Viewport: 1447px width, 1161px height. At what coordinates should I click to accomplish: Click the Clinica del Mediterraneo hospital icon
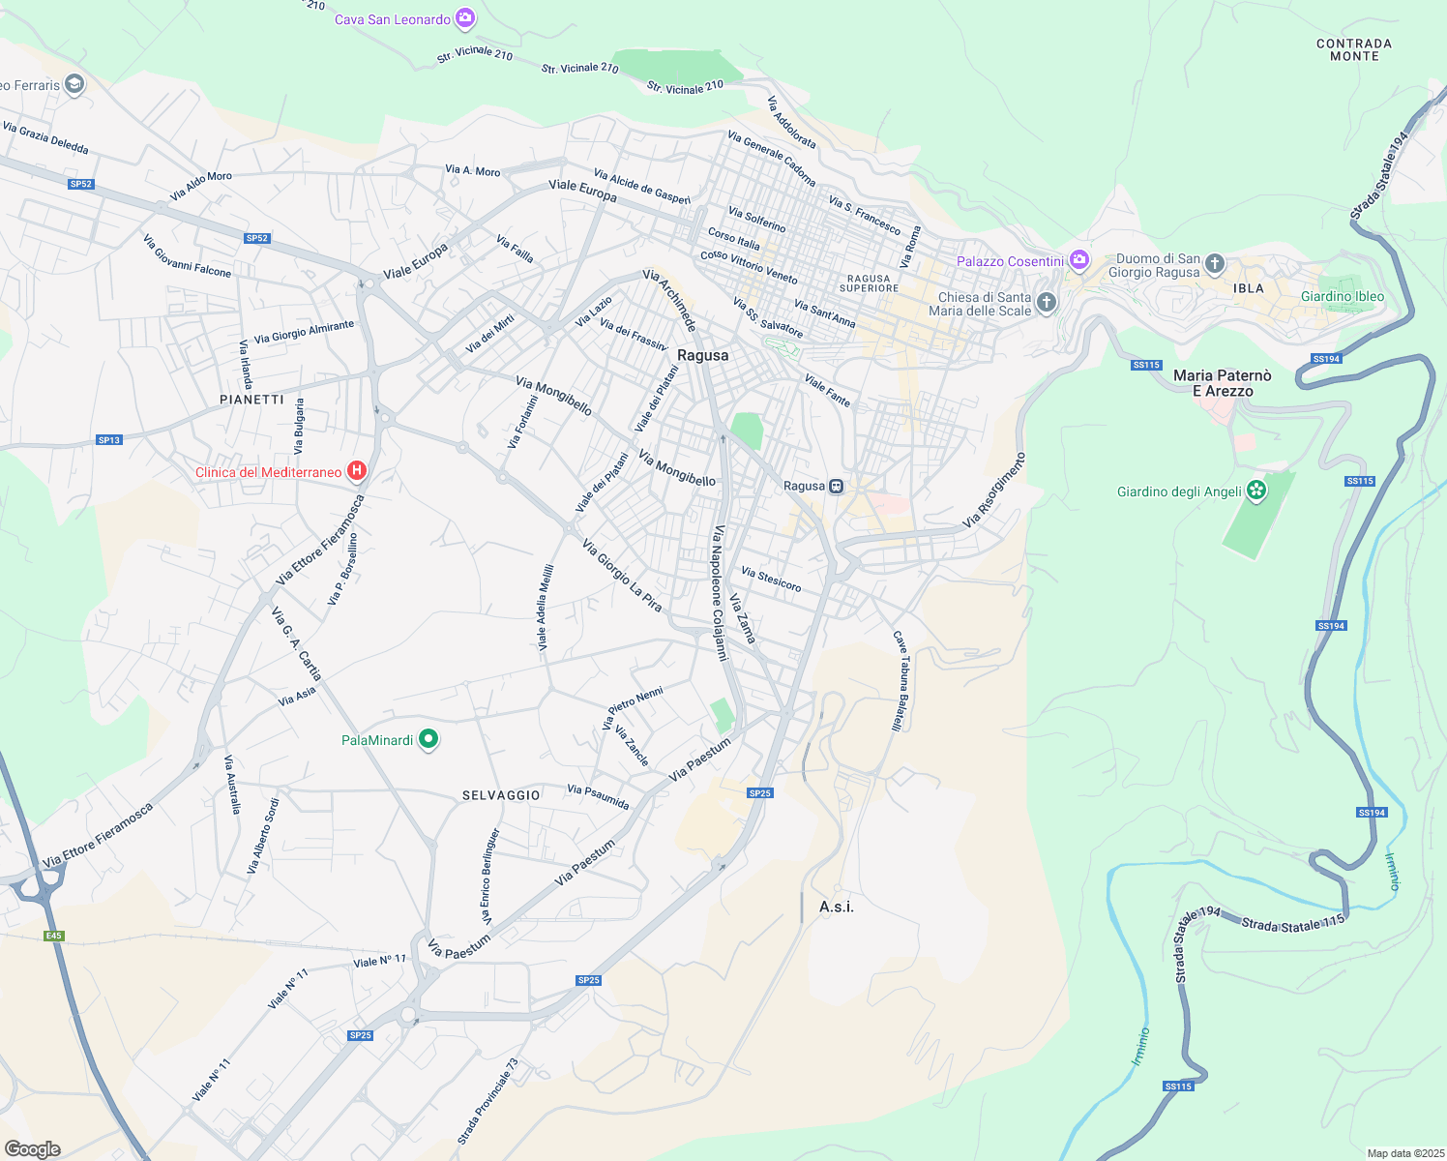click(x=357, y=471)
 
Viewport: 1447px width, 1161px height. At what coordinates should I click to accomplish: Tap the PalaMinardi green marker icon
click(x=428, y=740)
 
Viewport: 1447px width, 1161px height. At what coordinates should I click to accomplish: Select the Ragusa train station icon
click(x=837, y=486)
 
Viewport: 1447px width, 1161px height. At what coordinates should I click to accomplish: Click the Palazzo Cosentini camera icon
click(x=1079, y=260)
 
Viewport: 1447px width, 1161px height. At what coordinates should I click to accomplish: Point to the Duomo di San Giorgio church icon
click(x=1215, y=263)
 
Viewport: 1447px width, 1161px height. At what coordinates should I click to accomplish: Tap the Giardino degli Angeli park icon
click(x=1256, y=491)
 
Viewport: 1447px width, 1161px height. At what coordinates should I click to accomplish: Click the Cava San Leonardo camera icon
click(x=465, y=18)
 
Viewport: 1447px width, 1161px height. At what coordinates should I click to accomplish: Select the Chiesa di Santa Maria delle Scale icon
click(x=1046, y=303)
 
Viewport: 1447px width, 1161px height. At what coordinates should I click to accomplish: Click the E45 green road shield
click(x=53, y=936)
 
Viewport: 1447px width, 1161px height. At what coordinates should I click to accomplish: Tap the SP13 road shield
click(x=109, y=440)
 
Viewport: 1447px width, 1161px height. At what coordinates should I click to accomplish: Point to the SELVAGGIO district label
click(x=501, y=795)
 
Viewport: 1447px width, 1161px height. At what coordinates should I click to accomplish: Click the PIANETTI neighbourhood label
click(x=251, y=400)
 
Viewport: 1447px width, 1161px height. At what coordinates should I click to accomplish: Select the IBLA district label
click(x=1249, y=288)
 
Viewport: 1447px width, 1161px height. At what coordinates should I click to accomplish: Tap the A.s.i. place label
click(x=837, y=907)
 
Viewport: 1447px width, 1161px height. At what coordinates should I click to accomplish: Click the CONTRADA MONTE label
click(x=1354, y=50)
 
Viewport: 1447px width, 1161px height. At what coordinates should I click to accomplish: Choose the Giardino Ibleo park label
click(x=1342, y=296)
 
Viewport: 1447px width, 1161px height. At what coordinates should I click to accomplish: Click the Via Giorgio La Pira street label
click(x=622, y=576)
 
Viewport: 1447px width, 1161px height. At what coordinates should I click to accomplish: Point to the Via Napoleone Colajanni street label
click(x=719, y=593)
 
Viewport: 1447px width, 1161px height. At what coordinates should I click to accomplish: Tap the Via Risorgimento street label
click(x=993, y=490)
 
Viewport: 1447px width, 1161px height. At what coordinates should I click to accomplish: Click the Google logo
click(x=33, y=1148)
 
